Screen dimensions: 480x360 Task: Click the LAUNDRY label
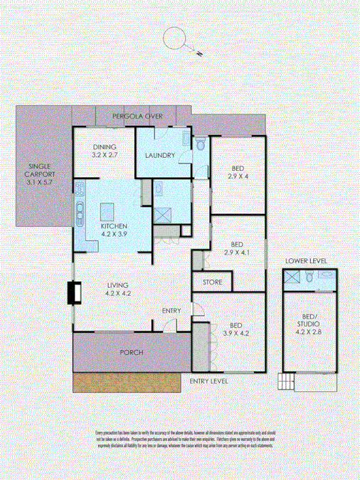click(160, 156)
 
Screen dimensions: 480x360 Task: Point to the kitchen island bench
click(108, 211)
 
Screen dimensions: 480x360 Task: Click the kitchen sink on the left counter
click(80, 211)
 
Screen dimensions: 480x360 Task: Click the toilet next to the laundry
click(201, 144)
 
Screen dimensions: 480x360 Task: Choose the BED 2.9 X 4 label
click(236, 173)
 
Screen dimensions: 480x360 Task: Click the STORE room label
click(212, 282)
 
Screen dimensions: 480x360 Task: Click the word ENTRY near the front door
click(171, 311)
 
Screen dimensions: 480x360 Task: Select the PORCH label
click(131, 353)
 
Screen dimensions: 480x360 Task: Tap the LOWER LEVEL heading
click(306, 262)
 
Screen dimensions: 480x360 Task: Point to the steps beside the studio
click(286, 383)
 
